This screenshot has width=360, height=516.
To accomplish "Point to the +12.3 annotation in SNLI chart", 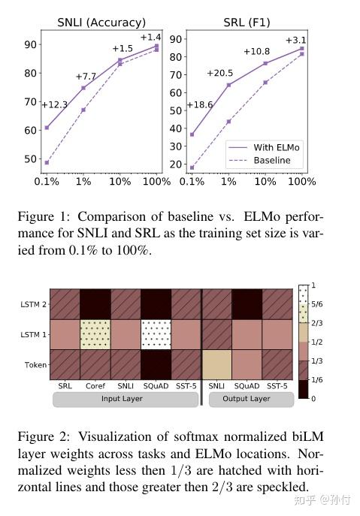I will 53,105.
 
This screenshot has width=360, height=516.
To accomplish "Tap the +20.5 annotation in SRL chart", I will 220,73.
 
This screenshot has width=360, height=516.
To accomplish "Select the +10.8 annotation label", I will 257,52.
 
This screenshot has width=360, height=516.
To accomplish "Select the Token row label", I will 35,365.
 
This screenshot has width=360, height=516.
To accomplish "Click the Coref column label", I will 95,386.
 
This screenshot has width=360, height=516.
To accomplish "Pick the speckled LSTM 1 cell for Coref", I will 95,334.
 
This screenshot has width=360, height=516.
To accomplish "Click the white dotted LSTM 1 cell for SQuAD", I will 156,334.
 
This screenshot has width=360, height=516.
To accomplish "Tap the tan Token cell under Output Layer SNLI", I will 216,364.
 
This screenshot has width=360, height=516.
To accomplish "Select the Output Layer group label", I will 247,399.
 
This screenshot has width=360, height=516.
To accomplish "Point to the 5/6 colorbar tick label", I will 316,306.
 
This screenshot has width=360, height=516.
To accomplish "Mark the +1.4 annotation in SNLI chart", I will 150,38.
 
